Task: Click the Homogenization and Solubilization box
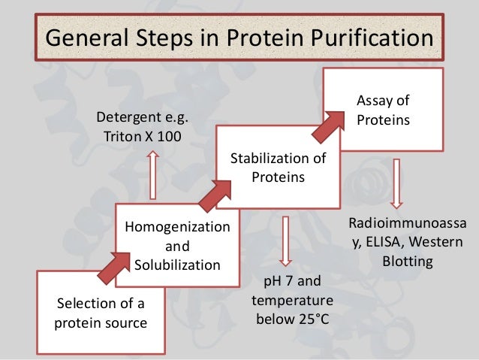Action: point(177,245)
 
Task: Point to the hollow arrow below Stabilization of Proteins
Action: point(284,241)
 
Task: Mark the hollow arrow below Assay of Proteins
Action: point(396,182)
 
